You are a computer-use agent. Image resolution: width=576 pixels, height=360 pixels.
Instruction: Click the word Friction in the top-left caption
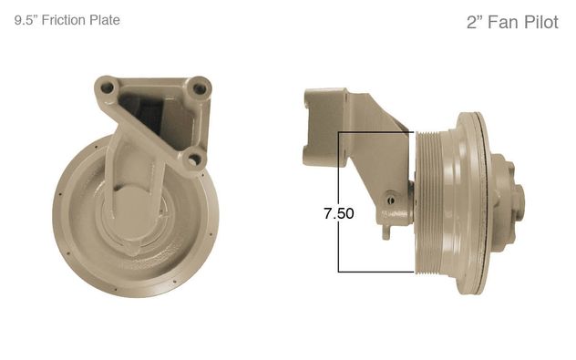click(64, 20)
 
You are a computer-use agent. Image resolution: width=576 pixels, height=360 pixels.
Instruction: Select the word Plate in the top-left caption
click(105, 20)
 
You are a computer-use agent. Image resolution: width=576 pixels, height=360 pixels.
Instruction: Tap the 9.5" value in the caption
click(26, 20)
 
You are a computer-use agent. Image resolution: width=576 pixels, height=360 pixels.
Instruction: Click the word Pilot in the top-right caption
click(541, 22)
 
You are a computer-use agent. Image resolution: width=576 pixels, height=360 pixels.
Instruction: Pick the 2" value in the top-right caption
click(475, 22)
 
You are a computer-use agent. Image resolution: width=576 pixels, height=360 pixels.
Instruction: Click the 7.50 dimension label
click(339, 213)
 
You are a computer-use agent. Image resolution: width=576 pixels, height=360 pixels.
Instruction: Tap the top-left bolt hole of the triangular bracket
click(108, 87)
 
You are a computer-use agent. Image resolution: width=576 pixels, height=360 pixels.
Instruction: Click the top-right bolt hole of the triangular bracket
click(200, 88)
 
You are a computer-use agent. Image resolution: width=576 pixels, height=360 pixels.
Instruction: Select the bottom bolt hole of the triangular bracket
click(193, 159)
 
